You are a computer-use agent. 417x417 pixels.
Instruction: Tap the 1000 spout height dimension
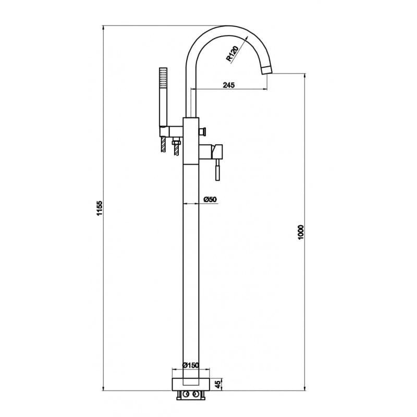click(301, 232)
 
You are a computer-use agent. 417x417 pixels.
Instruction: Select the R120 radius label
click(232, 54)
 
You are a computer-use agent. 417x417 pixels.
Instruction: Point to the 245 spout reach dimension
click(229, 85)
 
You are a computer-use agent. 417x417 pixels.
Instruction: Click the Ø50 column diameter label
click(210, 199)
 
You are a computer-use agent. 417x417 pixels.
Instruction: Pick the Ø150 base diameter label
click(191, 365)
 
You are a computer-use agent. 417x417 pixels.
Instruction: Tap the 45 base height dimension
click(218, 385)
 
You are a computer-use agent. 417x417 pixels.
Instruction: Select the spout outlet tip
click(267, 70)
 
